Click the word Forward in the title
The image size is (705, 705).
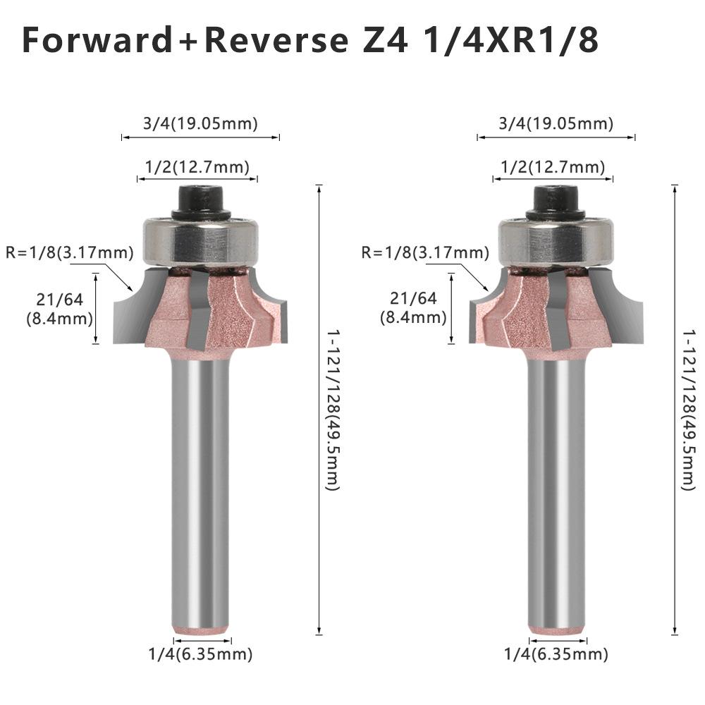[x=96, y=41]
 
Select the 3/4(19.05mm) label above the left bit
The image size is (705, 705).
[x=200, y=124]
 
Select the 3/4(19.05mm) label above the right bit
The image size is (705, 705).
[x=556, y=124]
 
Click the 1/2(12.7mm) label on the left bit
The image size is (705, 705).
[x=197, y=167]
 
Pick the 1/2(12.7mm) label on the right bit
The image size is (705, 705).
[x=552, y=167]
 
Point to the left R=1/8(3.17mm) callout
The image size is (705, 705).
[x=68, y=252]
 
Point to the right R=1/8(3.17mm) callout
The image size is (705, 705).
[x=424, y=252]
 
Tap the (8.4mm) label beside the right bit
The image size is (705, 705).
[x=413, y=317]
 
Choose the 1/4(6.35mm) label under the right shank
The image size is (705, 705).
[x=556, y=654]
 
